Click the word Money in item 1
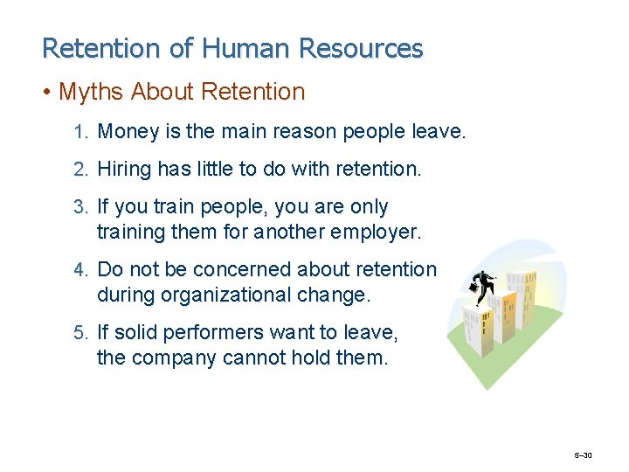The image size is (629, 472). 128,132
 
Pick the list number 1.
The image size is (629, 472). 80,133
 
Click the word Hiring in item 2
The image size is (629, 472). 124,170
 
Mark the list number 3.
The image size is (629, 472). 80,208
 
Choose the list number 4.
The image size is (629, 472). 80,270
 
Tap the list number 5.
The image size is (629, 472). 80,333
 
